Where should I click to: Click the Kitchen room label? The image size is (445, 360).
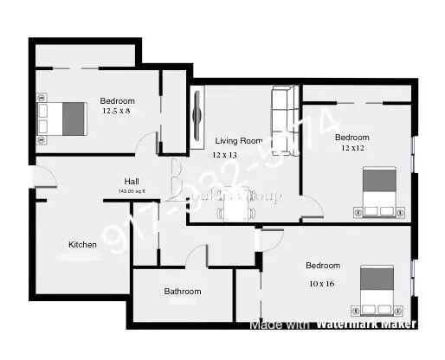click(83, 245)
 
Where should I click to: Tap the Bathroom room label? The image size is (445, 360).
click(183, 292)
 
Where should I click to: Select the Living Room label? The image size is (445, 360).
click(239, 140)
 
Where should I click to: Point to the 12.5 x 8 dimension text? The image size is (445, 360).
click(117, 112)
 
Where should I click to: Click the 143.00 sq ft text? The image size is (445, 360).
click(132, 190)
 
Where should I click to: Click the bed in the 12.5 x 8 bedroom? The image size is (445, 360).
click(62, 119)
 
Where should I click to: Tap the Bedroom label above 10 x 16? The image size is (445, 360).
click(322, 266)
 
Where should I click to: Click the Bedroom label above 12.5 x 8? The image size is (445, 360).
click(117, 100)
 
